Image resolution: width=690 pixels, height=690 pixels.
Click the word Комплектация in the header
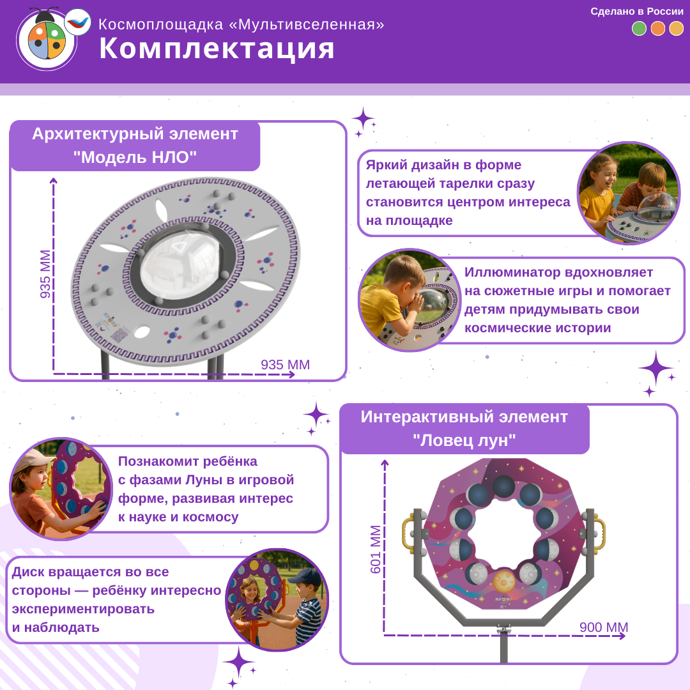[x=217, y=49]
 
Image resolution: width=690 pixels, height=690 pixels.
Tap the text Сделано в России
[x=636, y=11]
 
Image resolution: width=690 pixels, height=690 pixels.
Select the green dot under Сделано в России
[x=639, y=29]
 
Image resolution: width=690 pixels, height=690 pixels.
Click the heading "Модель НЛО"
[x=135, y=157]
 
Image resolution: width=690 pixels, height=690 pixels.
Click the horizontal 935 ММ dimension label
[x=285, y=365]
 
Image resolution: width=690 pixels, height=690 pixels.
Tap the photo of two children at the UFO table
[x=629, y=193]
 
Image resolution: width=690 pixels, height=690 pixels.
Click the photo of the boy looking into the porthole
[x=409, y=300]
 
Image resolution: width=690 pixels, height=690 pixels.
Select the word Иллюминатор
[x=512, y=272]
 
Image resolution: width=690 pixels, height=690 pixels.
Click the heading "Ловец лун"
[x=464, y=440]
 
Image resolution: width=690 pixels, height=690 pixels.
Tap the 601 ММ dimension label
[x=376, y=549]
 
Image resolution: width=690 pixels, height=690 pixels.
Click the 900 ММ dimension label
[x=604, y=627]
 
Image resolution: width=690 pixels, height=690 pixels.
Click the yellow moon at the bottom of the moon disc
[x=504, y=582]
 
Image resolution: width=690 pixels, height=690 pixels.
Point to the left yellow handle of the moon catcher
[x=408, y=533]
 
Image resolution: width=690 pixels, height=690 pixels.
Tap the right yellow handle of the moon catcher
[x=599, y=533]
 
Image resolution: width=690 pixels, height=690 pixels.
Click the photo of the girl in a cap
[x=61, y=489]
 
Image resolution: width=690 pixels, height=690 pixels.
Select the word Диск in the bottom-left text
[x=29, y=572]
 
